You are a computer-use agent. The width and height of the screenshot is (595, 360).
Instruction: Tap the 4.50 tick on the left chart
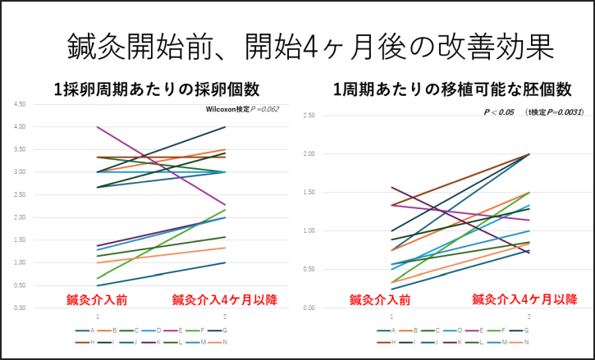tap(20, 104)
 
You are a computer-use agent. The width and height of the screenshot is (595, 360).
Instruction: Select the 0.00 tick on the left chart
tap(20, 308)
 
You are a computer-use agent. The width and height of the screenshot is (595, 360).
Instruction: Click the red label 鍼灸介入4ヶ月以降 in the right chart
tap(524, 298)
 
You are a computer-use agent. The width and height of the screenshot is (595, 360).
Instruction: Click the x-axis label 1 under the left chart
tap(98, 316)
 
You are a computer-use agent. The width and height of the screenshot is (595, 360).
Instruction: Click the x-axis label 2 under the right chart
tap(529, 316)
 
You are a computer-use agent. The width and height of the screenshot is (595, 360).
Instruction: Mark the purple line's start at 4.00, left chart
tap(98, 127)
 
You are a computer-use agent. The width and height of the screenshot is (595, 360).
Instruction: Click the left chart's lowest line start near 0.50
tap(98, 285)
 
